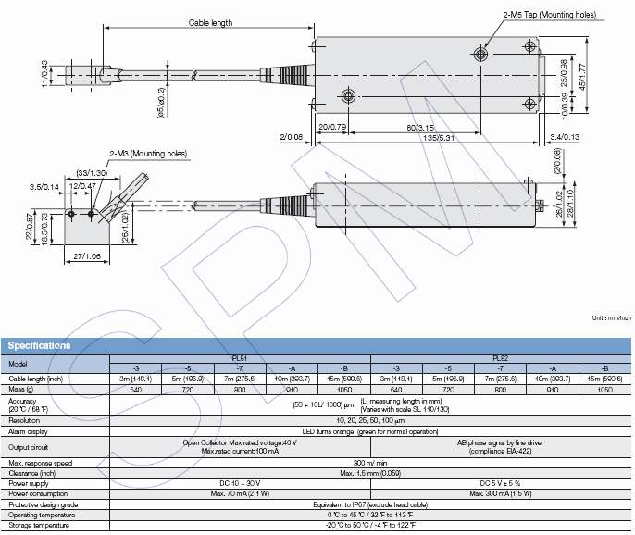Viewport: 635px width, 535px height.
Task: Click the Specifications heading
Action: [40, 346]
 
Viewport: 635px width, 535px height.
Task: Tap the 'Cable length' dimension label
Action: [211, 23]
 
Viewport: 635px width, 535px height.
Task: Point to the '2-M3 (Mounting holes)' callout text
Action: [147, 153]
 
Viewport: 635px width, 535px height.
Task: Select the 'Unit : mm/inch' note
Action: [611, 318]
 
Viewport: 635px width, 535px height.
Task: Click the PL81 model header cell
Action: [240, 357]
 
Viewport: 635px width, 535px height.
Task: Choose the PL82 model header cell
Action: [500, 357]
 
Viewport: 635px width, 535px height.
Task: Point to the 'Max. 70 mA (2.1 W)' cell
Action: [240, 494]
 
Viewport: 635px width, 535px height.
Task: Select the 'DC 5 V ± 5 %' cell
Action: [500, 482]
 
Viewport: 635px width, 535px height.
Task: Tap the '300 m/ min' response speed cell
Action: [370, 461]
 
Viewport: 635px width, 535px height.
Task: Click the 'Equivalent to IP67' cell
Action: [370, 504]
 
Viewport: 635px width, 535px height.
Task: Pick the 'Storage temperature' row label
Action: [39, 525]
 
